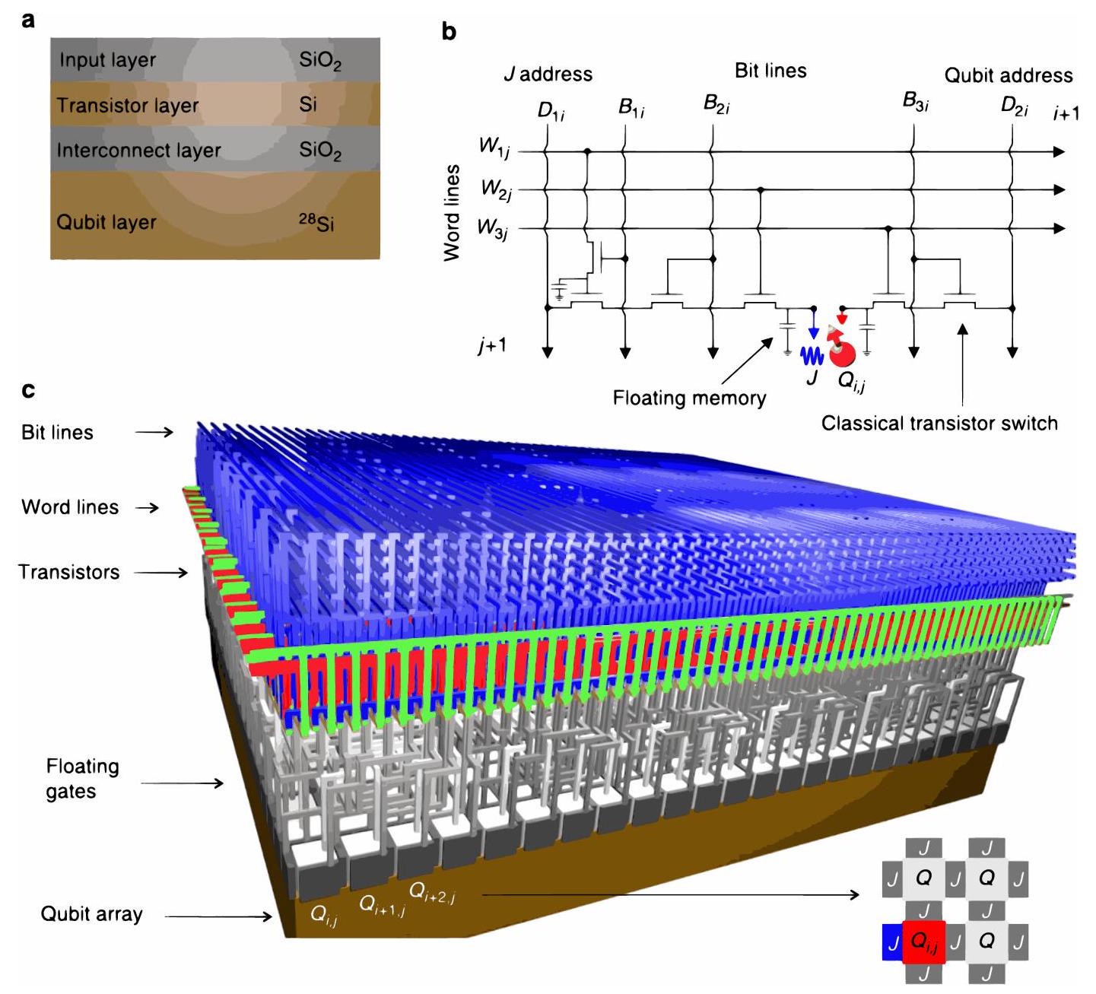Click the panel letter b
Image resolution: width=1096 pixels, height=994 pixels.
449,32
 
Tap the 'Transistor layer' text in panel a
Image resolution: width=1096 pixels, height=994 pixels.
127,106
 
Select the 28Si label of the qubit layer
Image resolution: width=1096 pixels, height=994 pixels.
316,222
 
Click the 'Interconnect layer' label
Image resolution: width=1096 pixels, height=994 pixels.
138,151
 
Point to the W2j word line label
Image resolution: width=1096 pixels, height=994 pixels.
496,189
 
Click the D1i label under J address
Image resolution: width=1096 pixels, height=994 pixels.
551,111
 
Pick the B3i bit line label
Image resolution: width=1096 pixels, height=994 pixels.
915,102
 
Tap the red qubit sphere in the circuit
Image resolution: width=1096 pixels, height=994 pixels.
842,354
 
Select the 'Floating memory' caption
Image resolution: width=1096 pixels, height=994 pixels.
689,398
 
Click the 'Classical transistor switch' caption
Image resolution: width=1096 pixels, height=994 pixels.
939,423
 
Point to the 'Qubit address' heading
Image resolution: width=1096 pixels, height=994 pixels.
1009,75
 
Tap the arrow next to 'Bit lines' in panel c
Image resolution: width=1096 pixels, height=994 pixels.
154,432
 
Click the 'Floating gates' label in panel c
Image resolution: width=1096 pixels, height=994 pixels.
71,779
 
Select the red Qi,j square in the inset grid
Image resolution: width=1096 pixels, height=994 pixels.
923,942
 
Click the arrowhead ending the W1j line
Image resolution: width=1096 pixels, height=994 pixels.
1059,152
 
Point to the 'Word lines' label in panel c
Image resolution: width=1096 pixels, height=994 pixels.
70,507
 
